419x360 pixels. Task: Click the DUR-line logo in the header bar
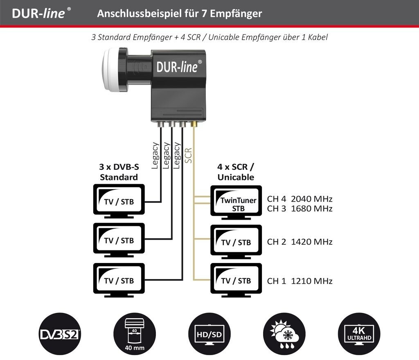[x=39, y=13]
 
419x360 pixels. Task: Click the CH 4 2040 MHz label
[x=300, y=199]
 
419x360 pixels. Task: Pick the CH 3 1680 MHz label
[x=300, y=209]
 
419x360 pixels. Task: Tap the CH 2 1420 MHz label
[x=300, y=241]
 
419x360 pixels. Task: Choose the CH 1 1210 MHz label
[x=300, y=281]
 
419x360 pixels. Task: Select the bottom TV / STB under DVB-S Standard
[x=119, y=280]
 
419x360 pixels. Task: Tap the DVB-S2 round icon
[x=60, y=333]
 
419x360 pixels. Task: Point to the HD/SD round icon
[x=209, y=333]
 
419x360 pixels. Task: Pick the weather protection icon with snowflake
[x=285, y=333]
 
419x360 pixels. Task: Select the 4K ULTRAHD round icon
[x=358, y=333]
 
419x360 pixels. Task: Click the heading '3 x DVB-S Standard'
[x=118, y=172]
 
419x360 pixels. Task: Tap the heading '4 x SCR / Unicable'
[x=236, y=172]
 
